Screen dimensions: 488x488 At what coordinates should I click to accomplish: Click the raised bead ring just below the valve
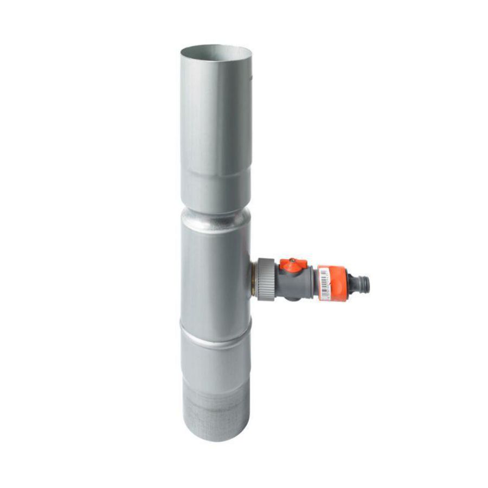216,325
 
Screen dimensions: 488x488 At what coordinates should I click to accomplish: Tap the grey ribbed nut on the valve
266,278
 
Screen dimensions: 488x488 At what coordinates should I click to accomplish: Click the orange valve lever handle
293,266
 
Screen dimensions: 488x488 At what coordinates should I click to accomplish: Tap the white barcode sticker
325,283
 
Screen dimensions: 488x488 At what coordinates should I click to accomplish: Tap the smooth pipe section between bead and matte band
216,358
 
